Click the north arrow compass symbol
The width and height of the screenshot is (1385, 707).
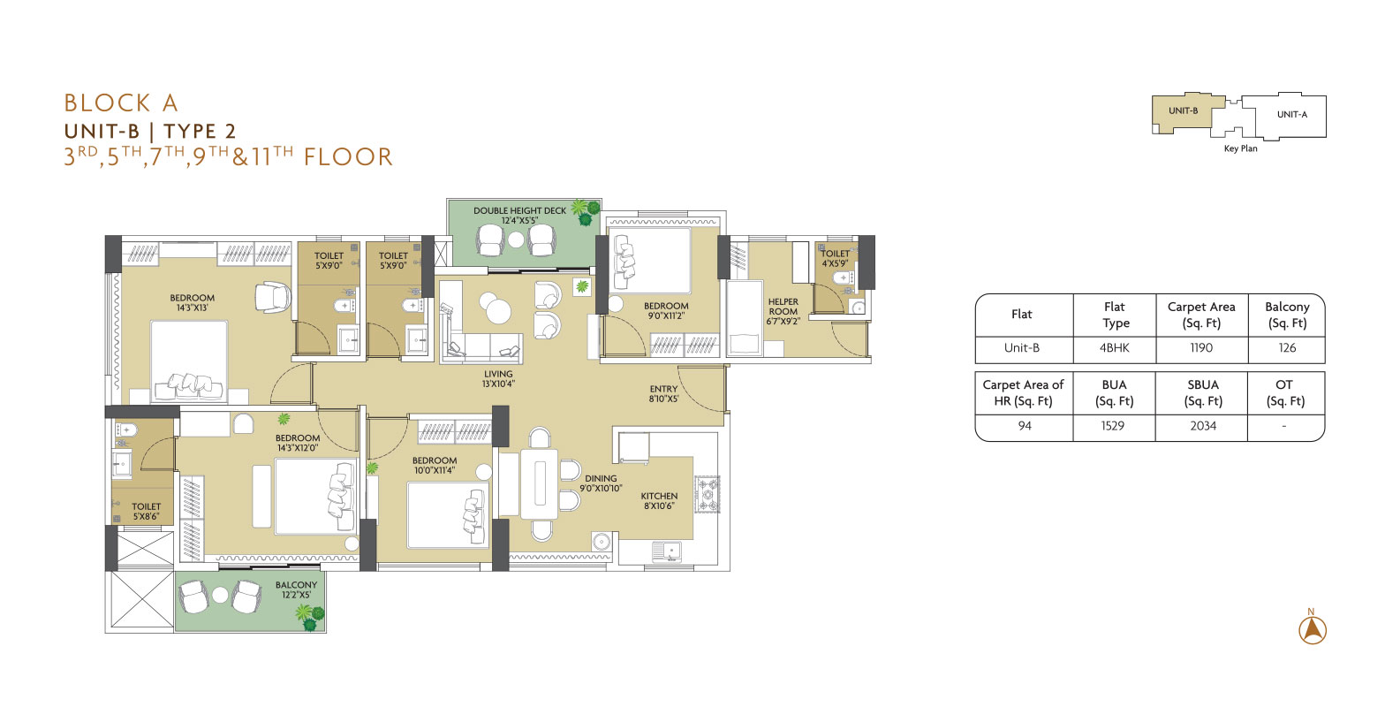point(1312,630)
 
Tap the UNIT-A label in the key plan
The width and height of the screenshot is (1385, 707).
point(1292,114)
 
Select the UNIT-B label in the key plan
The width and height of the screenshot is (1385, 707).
point(1183,110)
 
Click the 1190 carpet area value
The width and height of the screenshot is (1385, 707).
point(1201,347)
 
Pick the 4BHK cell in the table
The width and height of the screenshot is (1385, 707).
point(1114,347)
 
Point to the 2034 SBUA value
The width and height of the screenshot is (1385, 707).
point(1203,426)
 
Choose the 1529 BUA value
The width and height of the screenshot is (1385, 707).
point(1112,426)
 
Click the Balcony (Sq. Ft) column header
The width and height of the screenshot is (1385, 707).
point(1287,315)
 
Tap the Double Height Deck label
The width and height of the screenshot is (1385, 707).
point(519,216)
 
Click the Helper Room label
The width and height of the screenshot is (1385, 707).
point(783,311)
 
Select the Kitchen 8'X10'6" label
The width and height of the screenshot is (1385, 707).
point(659,500)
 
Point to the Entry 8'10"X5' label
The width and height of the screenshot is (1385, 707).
point(663,394)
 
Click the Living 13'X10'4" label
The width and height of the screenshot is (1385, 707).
point(498,378)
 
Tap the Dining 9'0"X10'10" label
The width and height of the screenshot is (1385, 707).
point(601,483)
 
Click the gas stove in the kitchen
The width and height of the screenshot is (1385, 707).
point(708,494)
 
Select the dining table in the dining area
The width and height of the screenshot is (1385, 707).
point(540,484)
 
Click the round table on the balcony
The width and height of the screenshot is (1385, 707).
point(221,595)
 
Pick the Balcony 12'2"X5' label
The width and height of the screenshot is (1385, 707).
point(296,589)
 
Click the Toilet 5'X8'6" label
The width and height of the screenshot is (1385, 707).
point(146,511)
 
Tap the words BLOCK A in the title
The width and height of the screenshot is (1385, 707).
point(121,103)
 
